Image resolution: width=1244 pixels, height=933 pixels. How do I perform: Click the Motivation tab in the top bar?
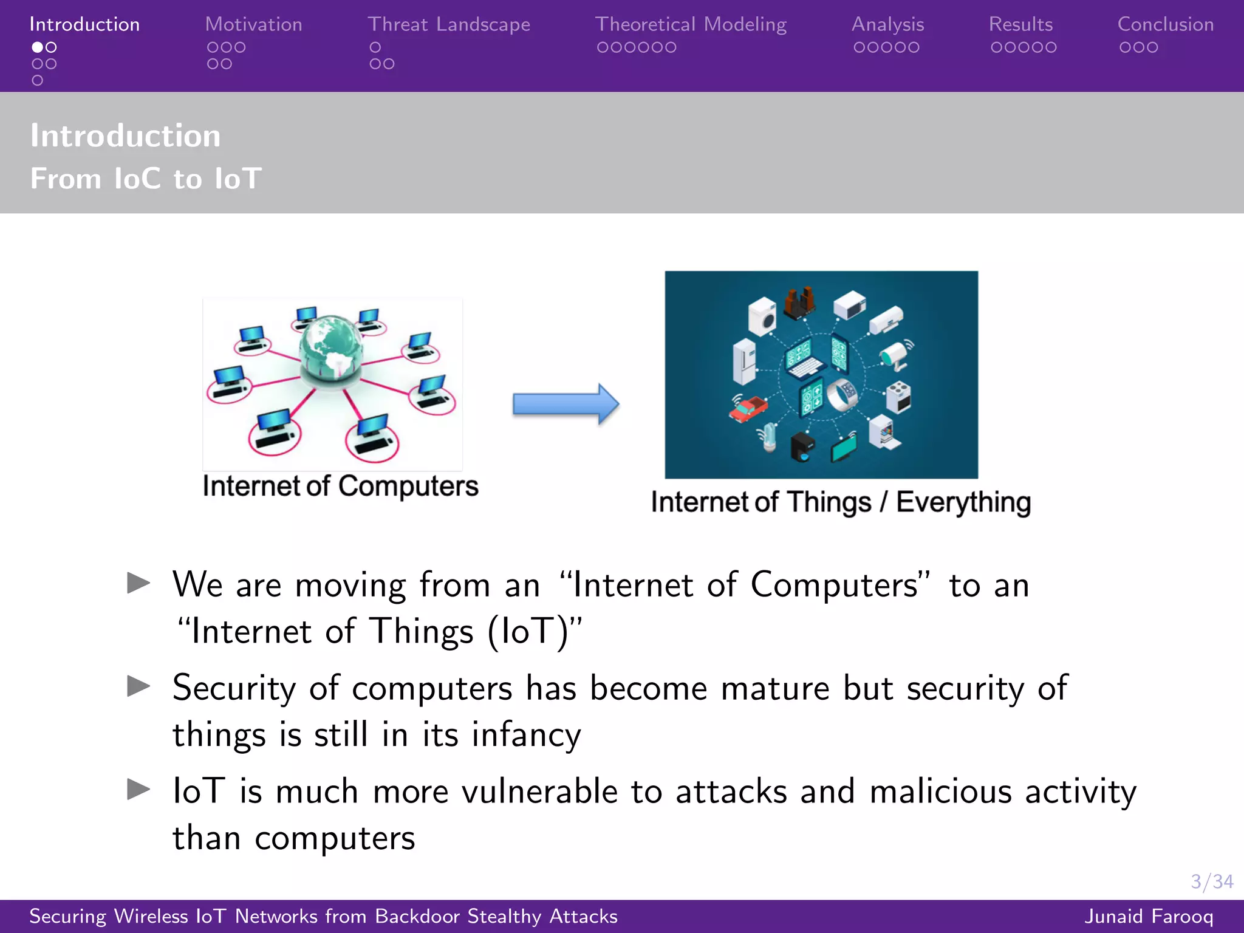(x=253, y=24)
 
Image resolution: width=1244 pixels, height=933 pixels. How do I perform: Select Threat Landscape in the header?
(x=448, y=24)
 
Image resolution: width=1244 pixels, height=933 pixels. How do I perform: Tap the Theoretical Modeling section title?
(x=691, y=24)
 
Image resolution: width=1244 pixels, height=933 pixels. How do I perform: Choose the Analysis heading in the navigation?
(x=887, y=24)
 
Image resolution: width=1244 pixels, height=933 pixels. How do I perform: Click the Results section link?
(x=1020, y=24)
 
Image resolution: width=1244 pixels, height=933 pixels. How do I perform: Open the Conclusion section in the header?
(x=1165, y=24)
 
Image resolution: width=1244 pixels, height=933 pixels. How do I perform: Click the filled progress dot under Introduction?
(x=38, y=47)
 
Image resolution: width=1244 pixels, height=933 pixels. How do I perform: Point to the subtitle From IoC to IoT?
(x=146, y=179)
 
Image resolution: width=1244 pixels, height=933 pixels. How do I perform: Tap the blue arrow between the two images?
(x=565, y=404)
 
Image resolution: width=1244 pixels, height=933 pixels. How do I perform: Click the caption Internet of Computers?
(x=340, y=487)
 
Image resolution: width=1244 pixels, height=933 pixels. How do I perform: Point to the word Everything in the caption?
(x=963, y=503)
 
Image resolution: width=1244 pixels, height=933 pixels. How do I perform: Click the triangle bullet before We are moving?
(x=138, y=583)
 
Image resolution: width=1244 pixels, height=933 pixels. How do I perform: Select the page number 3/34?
(x=1211, y=881)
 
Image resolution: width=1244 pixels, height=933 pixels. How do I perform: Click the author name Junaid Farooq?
(x=1149, y=916)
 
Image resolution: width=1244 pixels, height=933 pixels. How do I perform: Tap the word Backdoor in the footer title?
(x=417, y=916)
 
